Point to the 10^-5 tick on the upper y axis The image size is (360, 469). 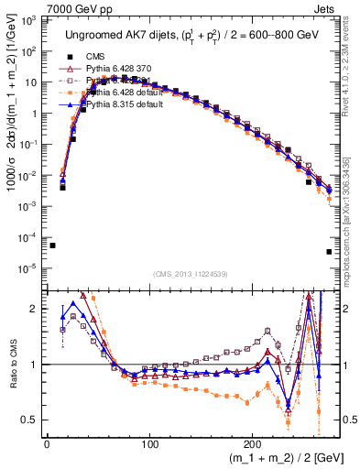(31, 268)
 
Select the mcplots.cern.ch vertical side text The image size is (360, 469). (352, 220)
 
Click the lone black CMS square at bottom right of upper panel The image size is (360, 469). (329, 252)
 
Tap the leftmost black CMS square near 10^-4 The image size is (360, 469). (52, 245)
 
